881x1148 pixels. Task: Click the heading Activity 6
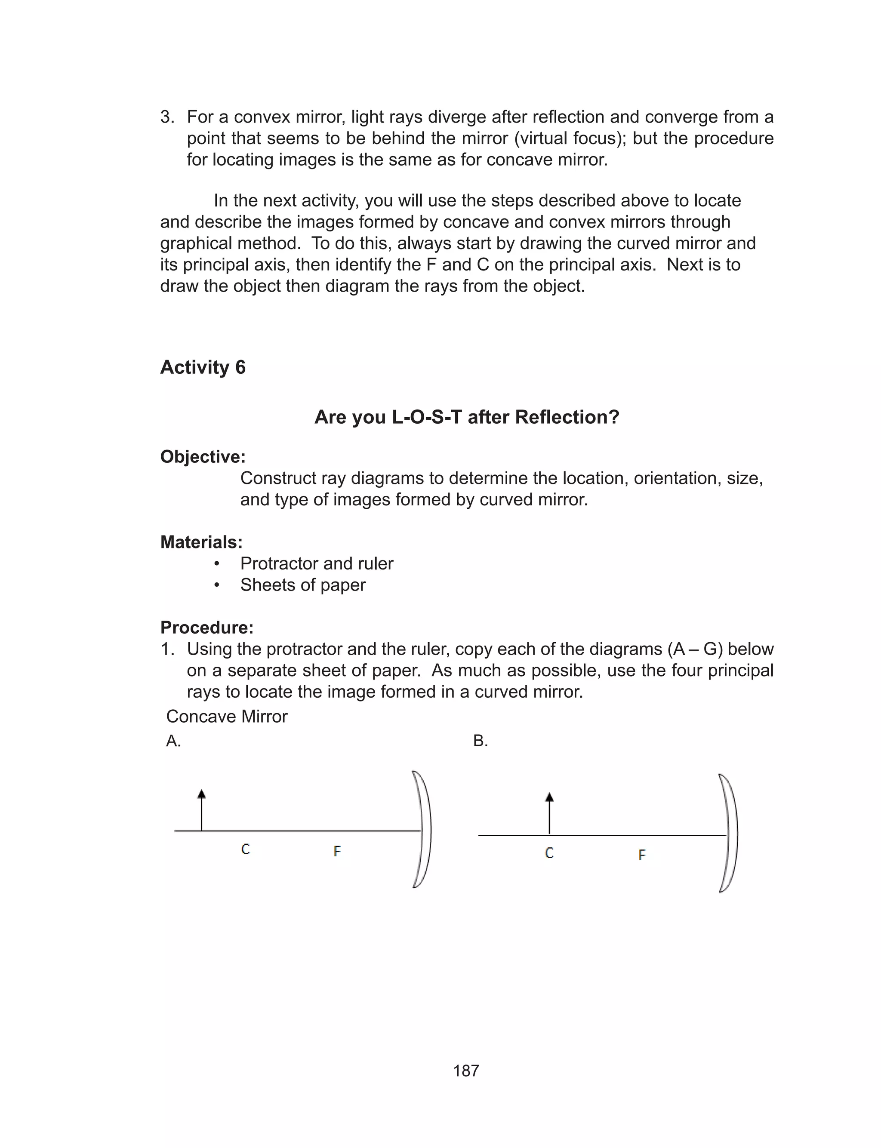(203, 367)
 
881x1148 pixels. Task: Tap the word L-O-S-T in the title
(426, 417)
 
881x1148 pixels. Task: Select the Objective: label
(203, 457)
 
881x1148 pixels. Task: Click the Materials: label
(201, 542)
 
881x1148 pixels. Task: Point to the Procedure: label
(206, 628)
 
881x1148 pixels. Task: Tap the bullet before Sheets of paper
(216, 585)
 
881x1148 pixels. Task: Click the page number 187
(466, 1071)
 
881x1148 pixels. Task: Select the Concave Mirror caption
(227, 717)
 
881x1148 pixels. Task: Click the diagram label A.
(173, 741)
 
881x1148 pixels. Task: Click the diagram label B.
(480, 741)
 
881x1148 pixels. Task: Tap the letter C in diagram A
(246, 849)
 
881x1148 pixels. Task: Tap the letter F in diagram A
(337, 851)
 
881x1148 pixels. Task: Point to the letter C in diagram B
(549, 853)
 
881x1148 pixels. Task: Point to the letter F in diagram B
(641, 855)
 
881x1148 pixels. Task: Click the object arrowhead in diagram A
(201, 794)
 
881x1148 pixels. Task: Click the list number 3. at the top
(167, 117)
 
